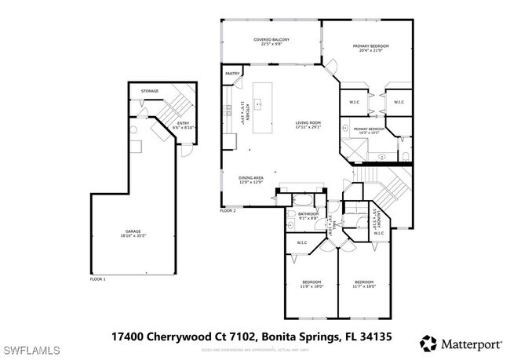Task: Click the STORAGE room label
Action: [149, 91]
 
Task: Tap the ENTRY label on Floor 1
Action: [183, 122]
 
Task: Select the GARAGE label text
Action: [134, 231]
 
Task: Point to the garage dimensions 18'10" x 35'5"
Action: [134, 235]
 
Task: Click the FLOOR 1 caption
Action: [98, 279]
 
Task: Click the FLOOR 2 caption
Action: [228, 211]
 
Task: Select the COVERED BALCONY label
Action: [271, 39]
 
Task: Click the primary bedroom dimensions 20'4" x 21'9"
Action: [370, 51]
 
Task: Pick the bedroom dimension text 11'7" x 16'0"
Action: [364, 286]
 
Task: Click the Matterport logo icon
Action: [428, 342]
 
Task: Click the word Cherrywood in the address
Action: [174, 336]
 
